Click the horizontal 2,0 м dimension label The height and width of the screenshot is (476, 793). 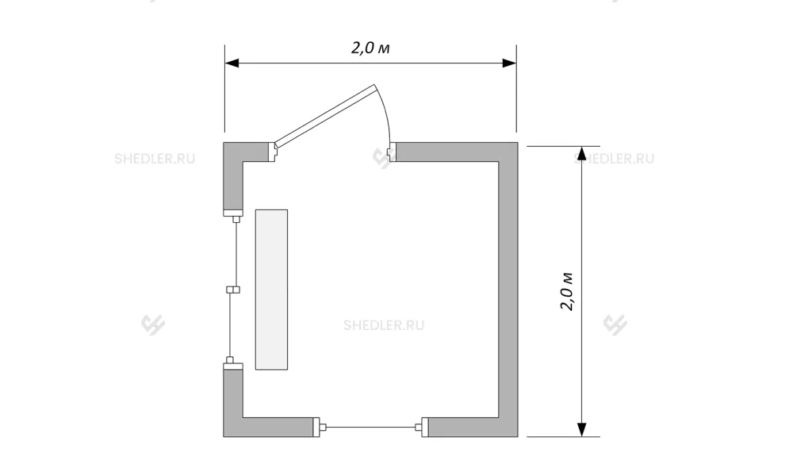point(370,48)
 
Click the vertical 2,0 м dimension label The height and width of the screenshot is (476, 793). point(567,291)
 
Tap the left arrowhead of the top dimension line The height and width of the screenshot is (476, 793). point(232,63)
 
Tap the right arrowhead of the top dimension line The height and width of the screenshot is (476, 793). point(509,63)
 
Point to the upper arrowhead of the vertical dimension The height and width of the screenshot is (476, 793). point(581,153)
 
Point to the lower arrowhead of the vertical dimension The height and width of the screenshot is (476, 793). point(581,429)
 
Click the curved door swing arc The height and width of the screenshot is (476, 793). point(385,113)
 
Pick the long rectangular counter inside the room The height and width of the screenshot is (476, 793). point(271,290)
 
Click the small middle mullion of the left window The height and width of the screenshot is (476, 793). point(232,290)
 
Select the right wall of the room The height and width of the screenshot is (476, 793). point(508,290)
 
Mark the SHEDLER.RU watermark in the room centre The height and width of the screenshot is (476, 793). point(384,325)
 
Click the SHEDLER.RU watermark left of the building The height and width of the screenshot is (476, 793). point(155,159)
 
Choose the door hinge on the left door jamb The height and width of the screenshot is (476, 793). point(273,152)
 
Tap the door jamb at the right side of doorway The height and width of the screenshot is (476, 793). point(392,152)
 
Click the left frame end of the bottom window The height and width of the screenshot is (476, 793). point(320,428)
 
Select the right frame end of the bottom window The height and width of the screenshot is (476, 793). point(422,428)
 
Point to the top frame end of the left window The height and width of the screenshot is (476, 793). point(234,216)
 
